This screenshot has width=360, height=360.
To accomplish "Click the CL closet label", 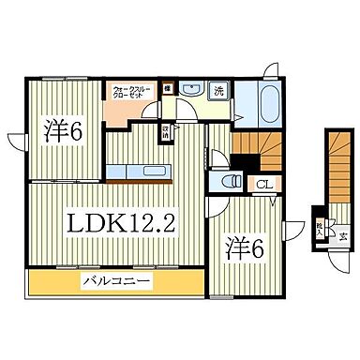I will [263, 185].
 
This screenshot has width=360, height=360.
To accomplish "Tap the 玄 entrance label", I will [342, 234].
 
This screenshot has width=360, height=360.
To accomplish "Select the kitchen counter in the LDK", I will [135, 172].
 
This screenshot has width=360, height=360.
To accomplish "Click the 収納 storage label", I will [166, 131].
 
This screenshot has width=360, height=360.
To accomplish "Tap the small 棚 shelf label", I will [166, 88].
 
